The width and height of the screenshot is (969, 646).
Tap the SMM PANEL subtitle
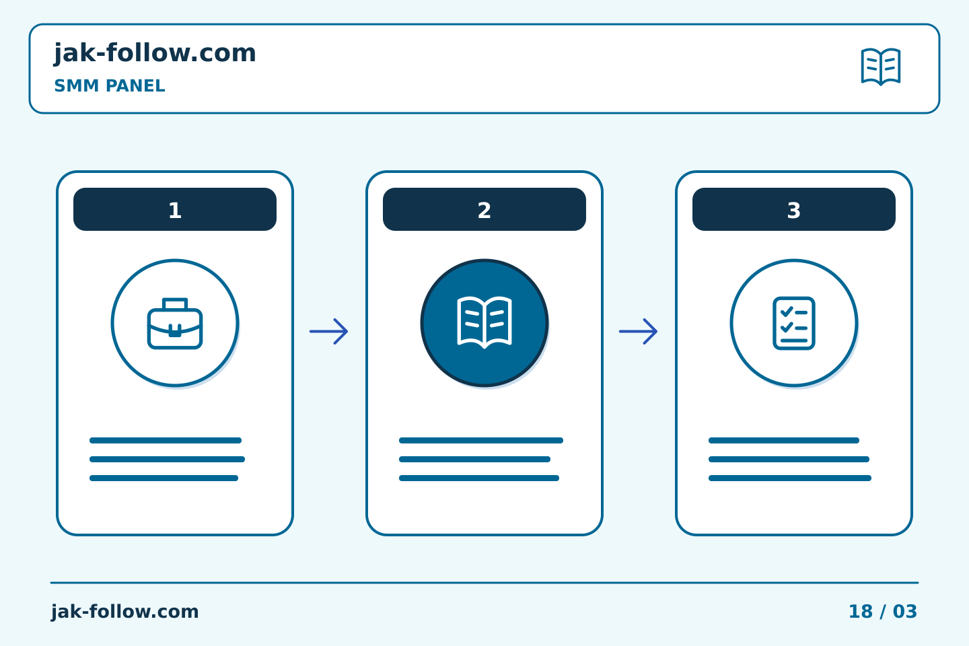[110, 85]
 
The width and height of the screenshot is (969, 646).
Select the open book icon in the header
[881, 67]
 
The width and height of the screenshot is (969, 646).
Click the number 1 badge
[175, 209]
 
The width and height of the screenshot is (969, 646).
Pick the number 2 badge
[485, 209]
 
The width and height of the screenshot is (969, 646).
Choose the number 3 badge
[794, 209]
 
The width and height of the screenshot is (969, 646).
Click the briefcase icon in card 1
[175, 323]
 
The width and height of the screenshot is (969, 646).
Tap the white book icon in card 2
[485, 322]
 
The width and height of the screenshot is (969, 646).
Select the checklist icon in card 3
[794, 323]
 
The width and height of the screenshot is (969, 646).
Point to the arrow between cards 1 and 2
[329, 332]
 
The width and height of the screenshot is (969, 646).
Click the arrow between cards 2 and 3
[639, 332]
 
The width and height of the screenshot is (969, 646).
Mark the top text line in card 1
[166, 441]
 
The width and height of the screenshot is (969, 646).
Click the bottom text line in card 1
[164, 478]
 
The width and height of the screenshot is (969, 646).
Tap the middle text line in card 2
[474, 459]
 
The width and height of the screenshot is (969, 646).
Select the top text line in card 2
[481, 441]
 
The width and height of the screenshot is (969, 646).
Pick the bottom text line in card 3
[790, 478]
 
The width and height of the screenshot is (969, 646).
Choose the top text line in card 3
[784, 441]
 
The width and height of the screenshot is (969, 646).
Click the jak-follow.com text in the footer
[124, 612]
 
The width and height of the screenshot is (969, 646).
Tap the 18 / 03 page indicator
[883, 612]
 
